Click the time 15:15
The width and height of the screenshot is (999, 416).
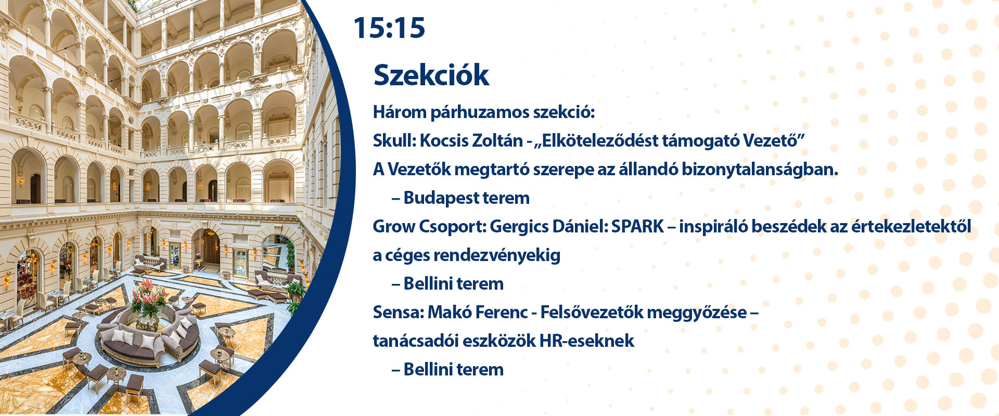[389, 28]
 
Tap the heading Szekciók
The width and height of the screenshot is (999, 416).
[431, 75]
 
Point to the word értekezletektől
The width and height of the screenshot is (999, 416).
[911, 227]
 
